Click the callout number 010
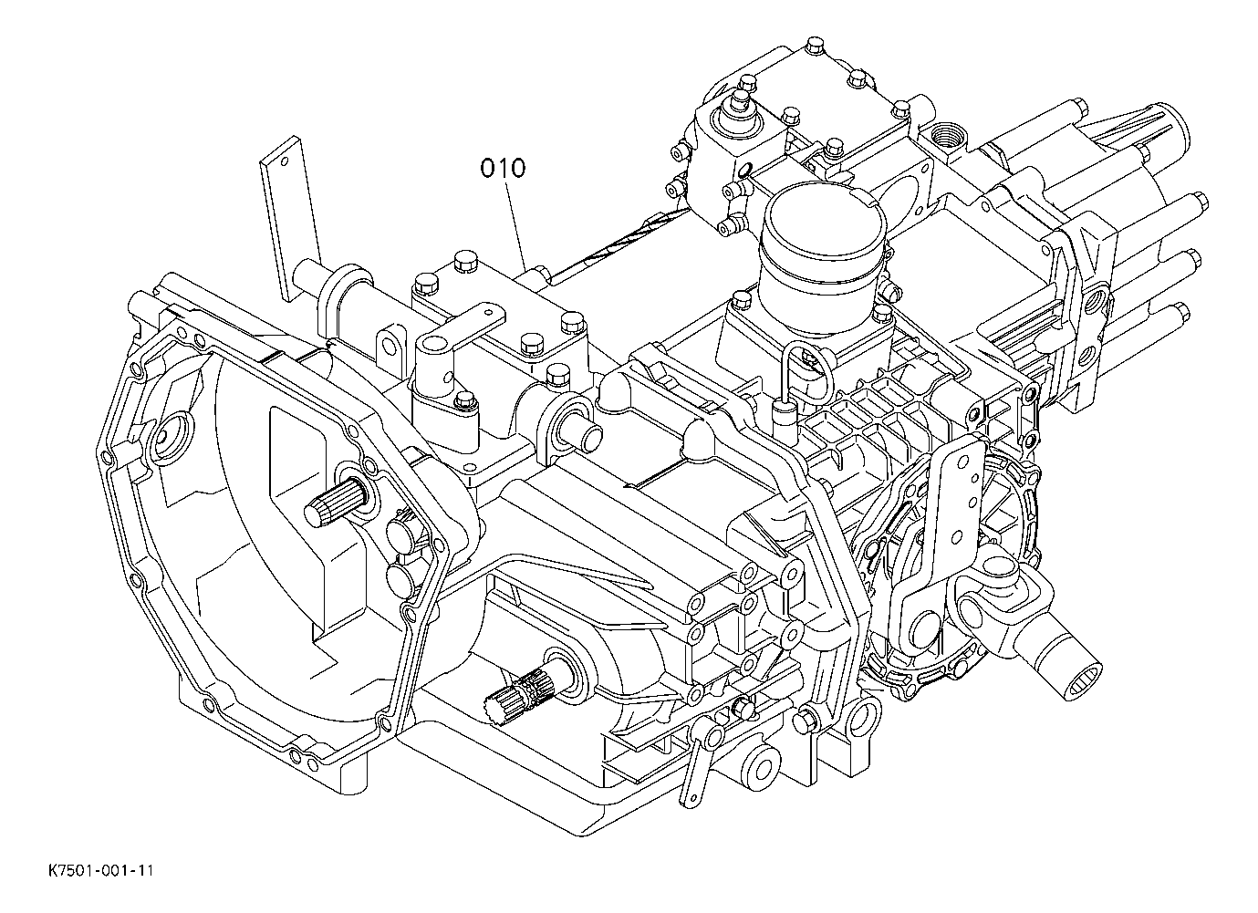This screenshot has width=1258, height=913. click(x=504, y=169)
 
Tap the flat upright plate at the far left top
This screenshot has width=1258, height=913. click(x=290, y=218)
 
